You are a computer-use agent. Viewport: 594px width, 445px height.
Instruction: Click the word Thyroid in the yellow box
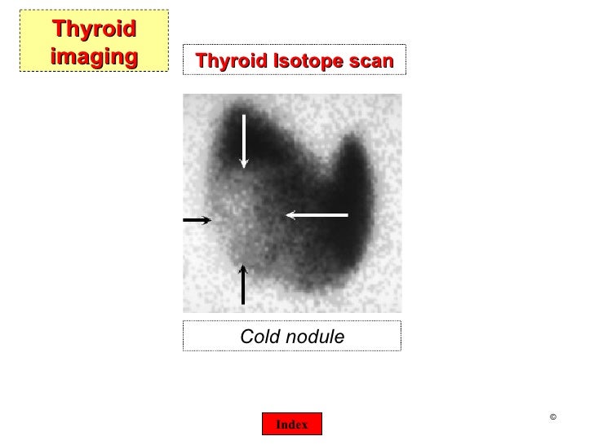pyautogui.click(x=93, y=30)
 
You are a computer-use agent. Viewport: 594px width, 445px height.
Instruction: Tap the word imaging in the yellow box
pyautogui.click(x=93, y=57)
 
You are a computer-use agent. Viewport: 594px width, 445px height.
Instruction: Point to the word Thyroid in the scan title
pyautogui.click(x=229, y=60)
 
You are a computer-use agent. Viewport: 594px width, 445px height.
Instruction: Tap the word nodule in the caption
pyautogui.click(x=317, y=337)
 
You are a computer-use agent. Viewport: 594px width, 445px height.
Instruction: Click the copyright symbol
pyautogui.click(x=552, y=418)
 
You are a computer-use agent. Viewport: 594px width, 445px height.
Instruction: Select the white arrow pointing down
pyautogui.click(x=243, y=142)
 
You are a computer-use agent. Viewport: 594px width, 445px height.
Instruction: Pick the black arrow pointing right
pyautogui.click(x=197, y=220)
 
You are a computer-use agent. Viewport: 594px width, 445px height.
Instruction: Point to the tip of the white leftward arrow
pyautogui.click(x=286, y=215)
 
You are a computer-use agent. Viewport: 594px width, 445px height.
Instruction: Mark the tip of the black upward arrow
pyautogui.click(x=242, y=264)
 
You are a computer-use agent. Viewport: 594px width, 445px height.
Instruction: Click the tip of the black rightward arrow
pyautogui.click(x=211, y=220)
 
